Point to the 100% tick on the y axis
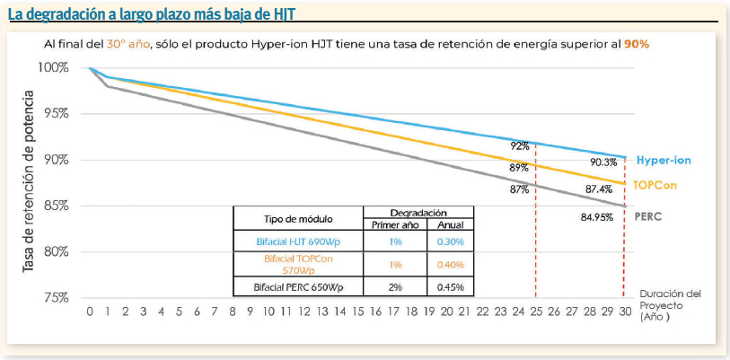pos(54,67)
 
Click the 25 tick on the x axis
pos(535,311)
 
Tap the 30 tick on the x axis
pos(624,311)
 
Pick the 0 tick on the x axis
pos(90,311)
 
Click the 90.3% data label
pos(603,162)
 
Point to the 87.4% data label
pos(599,189)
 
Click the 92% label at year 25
pos(520,145)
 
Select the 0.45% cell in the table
pos(451,286)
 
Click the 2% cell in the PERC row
pos(395,286)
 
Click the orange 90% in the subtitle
pos(637,43)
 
